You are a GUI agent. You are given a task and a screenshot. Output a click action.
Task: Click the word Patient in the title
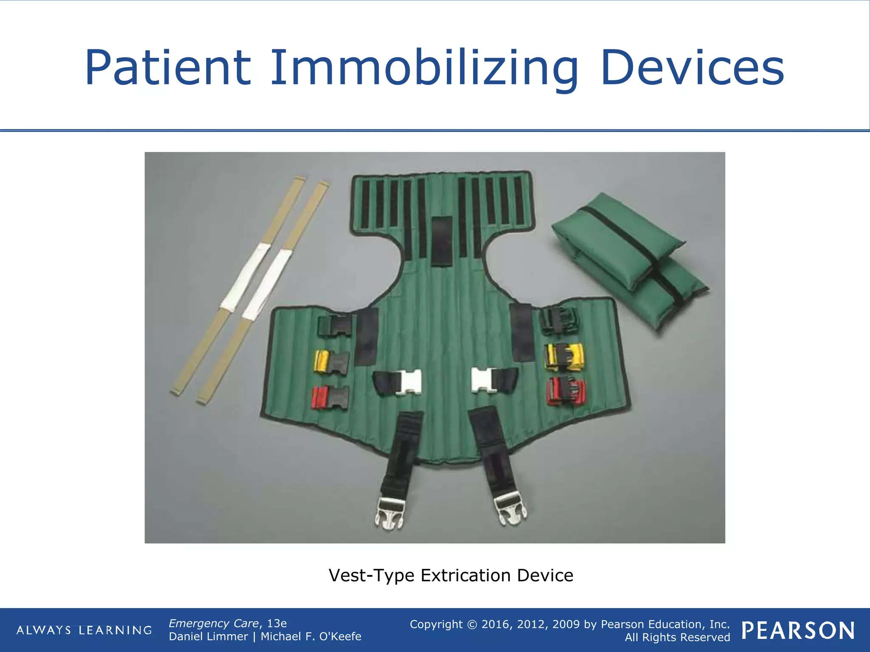click(x=168, y=68)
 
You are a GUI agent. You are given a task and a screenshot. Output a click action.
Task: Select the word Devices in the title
click(x=692, y=68)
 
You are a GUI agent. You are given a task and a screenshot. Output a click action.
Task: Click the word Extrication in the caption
click(x=466, y=576)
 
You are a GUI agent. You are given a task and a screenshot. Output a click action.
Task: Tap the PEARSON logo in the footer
click(x=798, y=630)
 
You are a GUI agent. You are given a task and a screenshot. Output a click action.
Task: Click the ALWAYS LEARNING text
click(x=84, y=630)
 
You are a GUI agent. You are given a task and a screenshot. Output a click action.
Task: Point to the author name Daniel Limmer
click(x=208, y=636)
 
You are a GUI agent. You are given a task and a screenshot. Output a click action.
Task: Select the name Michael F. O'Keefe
click(x=311, y=636)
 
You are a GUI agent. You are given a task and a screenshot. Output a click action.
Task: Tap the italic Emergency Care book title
click(x=214, y=623)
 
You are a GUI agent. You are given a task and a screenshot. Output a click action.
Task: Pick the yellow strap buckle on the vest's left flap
click(x=330, y=362)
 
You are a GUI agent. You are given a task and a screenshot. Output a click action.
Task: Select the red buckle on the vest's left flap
click(x=330, y=398)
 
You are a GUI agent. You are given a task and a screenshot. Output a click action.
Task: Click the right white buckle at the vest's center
click(x=483, y=380)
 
